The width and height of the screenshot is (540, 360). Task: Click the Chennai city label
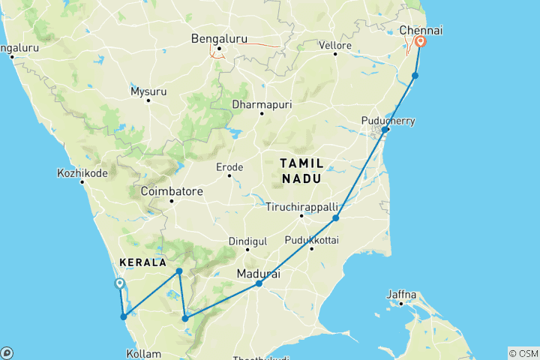tap(421, 29)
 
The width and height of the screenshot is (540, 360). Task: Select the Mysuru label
tap(148, 91)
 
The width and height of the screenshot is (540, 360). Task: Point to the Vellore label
tap(337, 46)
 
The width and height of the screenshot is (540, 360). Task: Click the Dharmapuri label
tap(260, 103)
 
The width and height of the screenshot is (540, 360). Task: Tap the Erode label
tap(229, 166)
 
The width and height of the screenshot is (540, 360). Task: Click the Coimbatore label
tap(172, 191)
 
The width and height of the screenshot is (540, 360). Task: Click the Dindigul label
tap(247, 241)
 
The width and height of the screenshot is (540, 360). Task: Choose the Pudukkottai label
tap(312, 240)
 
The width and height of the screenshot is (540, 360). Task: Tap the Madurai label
tap(259, 274)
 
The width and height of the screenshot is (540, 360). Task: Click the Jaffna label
tap(401, 294)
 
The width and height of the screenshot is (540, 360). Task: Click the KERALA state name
tap(141, 263)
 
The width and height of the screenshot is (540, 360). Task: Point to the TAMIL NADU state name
tap(301, 170)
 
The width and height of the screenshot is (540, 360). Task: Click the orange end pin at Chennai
tap(421, 42)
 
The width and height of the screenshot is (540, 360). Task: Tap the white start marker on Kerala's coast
tap(119, 283)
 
